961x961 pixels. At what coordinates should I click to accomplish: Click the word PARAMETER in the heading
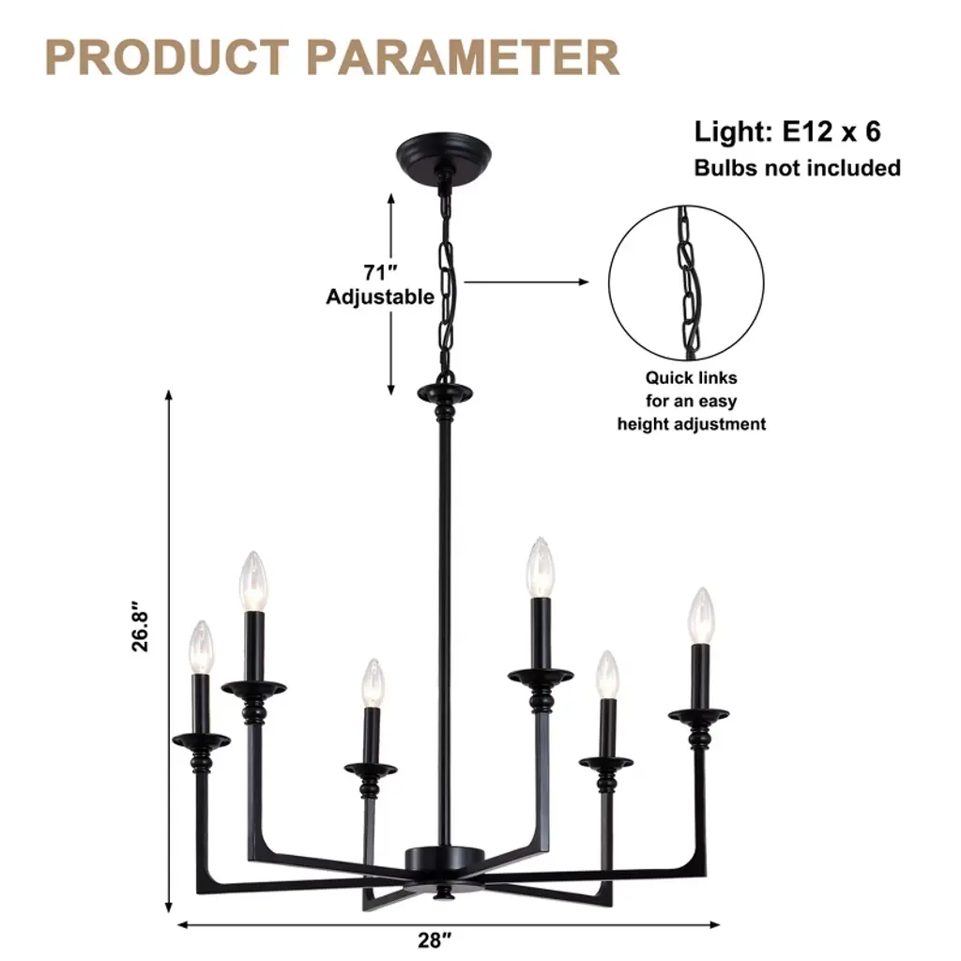[464, 57]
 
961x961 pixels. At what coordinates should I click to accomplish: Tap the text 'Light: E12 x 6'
[787, 131]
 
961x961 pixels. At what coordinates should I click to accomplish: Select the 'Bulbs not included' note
[797, 168]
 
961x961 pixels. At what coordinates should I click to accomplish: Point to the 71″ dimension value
[380, 272]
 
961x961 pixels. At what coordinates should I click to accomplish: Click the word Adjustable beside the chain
[380, 297]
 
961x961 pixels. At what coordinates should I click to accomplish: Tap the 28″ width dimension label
[435, 939]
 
